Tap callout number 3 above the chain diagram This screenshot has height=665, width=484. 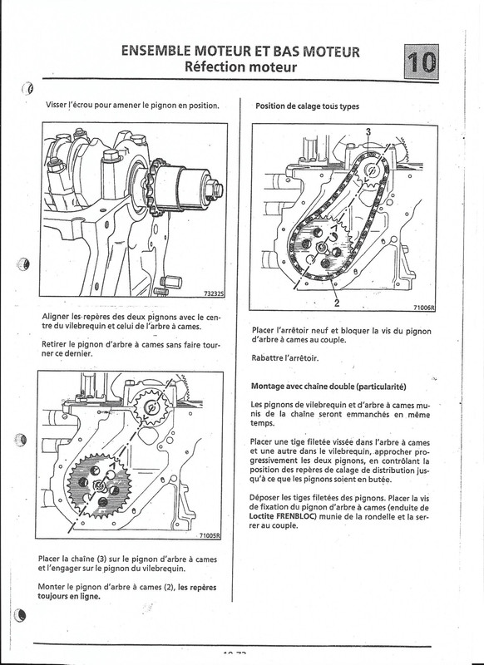pyautogui.click(x=368, y=131)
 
